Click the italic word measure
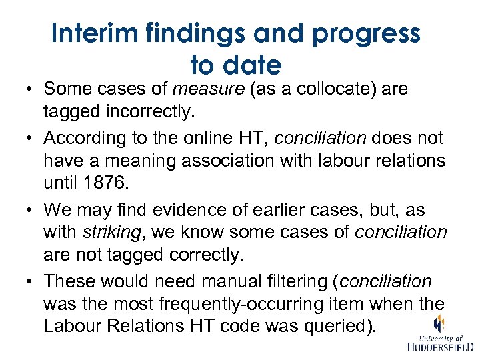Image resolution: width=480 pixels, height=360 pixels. point(207,89)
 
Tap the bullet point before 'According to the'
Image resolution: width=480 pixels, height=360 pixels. point(31,139)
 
